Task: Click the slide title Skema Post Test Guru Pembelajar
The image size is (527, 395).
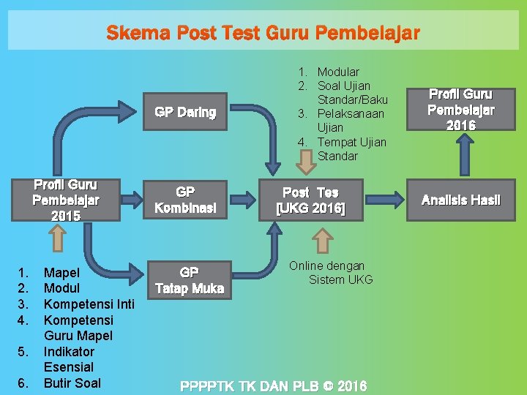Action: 263,33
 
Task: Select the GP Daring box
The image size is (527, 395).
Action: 185,112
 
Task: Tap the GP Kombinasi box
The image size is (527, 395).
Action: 185,200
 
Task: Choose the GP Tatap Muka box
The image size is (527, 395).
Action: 189,280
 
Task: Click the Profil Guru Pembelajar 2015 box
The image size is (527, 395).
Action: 66,200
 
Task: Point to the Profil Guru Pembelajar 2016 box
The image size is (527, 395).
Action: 461,110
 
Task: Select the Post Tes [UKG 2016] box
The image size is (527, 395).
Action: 310,200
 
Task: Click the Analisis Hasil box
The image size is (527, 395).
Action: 461,200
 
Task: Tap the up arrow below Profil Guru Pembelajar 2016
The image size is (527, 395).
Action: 463,156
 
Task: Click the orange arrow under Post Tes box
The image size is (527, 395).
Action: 322,240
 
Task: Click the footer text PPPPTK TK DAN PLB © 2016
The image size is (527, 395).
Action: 274,385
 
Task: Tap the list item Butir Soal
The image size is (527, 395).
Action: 72,383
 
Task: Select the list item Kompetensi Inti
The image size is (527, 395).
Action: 89,304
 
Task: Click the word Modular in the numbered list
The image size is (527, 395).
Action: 337,72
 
